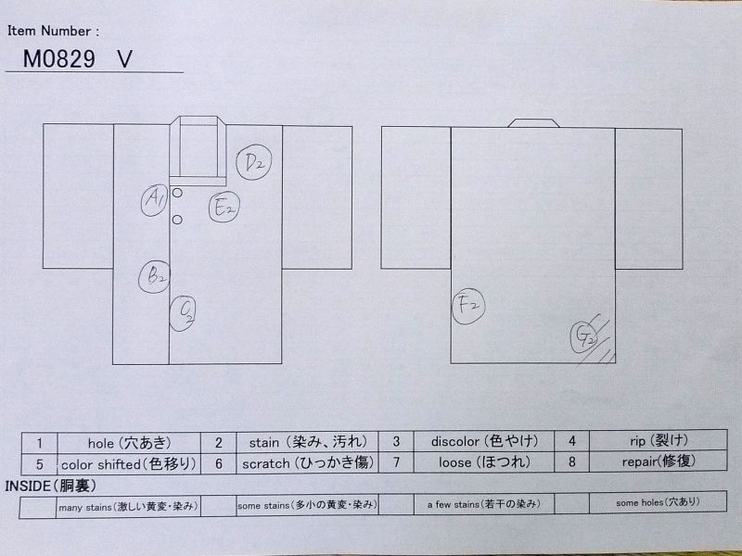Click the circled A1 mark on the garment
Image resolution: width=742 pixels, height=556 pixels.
[x=154, y=200]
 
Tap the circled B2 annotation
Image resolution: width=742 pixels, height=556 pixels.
[x=154, y=276]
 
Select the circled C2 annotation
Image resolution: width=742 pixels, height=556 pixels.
[x=182, y=313]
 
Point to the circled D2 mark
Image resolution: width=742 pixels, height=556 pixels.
[x=254, y=162]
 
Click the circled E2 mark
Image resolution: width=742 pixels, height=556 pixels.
[x=224, y=207]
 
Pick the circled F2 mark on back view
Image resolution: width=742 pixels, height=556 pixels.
[x=468, y=306]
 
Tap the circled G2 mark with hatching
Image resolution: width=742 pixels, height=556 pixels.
[x=584, y=337]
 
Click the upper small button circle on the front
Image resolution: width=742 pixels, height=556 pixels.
[x=177, y=193]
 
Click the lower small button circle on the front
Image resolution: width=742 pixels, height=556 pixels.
[x=177, y=220]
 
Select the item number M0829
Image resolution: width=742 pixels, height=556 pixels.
[x=59, y=59]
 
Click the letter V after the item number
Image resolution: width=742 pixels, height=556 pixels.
[x=124, y=59]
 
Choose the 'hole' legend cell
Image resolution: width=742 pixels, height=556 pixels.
[x=129, y=443]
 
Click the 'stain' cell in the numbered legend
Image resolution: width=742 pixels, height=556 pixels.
[x=308, y=442]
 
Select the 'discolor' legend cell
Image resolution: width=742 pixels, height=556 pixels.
[x=484, y=441]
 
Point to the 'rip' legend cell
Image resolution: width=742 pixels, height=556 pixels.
[x=659, y=441]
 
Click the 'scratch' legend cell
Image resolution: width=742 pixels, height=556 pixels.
[x=308, y=462]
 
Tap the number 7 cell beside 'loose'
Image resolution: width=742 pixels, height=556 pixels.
[x=396, y=461]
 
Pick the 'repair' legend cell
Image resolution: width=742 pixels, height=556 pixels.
[x=659, y=461]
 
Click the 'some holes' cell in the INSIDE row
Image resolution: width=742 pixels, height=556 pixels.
[x=658, y=502]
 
